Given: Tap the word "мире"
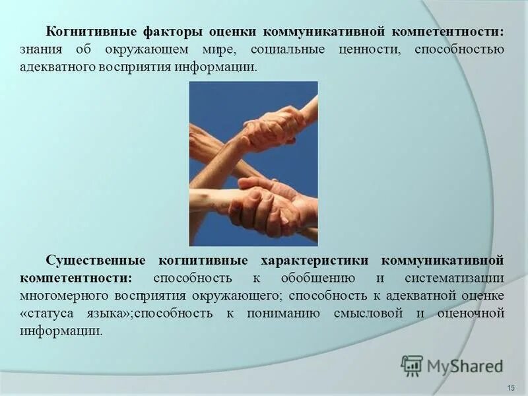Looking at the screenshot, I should [x=230, y=49].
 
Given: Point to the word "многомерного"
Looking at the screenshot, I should [x=63, y=294].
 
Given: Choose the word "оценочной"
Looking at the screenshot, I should [x=471, y=313].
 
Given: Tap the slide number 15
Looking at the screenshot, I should [x=510, y=386].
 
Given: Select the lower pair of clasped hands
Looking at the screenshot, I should [x=267, y=206].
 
